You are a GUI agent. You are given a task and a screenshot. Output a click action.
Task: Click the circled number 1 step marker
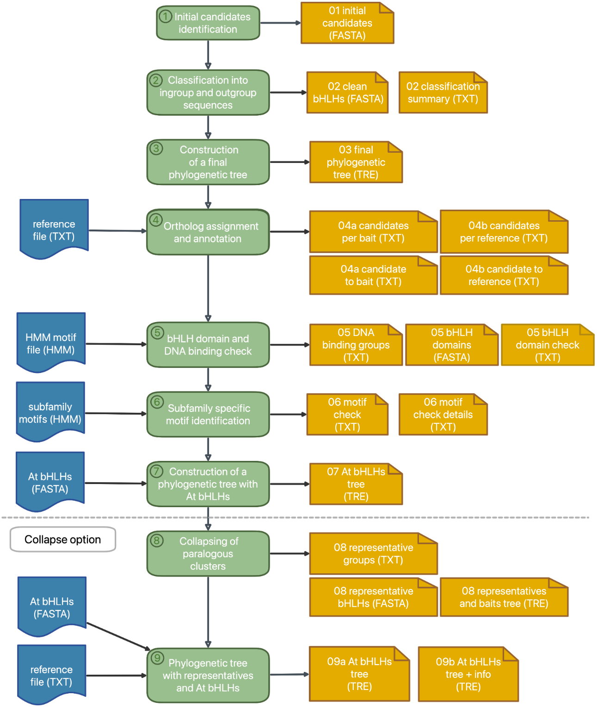tap(166, 16)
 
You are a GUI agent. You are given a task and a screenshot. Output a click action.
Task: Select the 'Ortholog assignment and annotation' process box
tap(208, 232)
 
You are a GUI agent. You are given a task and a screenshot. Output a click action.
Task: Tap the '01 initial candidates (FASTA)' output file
tap(347, 23)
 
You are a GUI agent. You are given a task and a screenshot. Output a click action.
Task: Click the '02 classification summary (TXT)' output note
tap(443, 92)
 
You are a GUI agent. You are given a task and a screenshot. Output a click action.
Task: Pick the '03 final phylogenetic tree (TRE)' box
tap(356, 162)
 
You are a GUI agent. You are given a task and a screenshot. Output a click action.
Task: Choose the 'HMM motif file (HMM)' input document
tap(51, 342)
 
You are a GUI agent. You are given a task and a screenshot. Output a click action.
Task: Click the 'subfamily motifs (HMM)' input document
tap(50, 412)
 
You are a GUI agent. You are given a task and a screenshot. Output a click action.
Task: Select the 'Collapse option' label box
tap(63, 539)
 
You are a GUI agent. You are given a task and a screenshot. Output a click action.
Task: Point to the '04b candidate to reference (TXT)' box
tap(504, 275)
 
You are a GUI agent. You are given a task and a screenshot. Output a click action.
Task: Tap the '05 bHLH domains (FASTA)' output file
tap(452, 344)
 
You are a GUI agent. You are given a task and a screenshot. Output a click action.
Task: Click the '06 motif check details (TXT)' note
tap(443, 414)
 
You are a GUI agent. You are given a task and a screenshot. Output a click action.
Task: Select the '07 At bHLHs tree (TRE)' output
tap(356, 484)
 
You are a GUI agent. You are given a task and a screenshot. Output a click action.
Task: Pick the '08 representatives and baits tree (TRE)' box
tap(504, 597)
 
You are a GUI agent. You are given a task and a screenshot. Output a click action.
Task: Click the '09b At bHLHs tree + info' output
tap(468, 674)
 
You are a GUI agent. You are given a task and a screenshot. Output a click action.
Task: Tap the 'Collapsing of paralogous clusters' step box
tap(208, 553)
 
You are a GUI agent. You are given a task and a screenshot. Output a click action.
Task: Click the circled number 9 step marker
tap(157, 658)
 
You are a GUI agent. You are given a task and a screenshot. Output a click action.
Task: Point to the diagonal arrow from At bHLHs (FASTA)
tap(118, 636)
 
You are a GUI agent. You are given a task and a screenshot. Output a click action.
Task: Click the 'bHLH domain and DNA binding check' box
tap(208, 344)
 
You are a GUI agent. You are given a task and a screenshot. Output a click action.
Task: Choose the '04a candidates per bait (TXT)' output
tap(373, 231)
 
